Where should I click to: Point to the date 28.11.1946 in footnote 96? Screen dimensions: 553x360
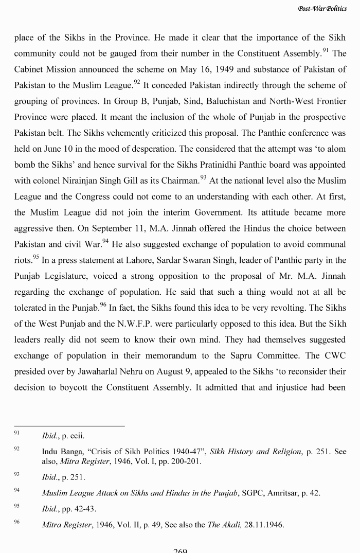pos(264,525)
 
